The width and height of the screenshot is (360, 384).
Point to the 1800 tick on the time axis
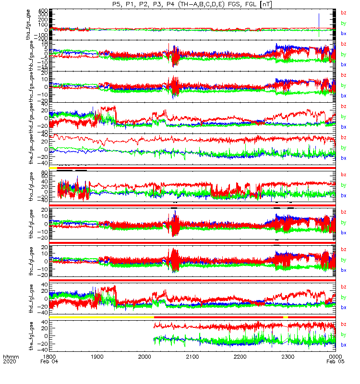coord(49,357)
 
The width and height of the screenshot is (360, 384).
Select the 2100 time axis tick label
coord(192,357)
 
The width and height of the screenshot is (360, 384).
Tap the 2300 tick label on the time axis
coord(288,357)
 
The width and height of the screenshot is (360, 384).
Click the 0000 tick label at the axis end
coord(335,357)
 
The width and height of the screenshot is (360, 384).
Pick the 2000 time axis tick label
coord(144,357)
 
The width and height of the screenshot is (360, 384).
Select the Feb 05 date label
coord(335,362)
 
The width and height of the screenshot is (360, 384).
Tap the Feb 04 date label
coord(49,362)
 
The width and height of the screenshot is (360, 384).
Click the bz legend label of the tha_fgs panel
coord(343,12)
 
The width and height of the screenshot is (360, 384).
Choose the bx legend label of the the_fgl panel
coord(343,345)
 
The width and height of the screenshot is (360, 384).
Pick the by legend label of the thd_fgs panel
coord(343,117)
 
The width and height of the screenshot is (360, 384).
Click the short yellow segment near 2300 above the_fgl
coord(286,317)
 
